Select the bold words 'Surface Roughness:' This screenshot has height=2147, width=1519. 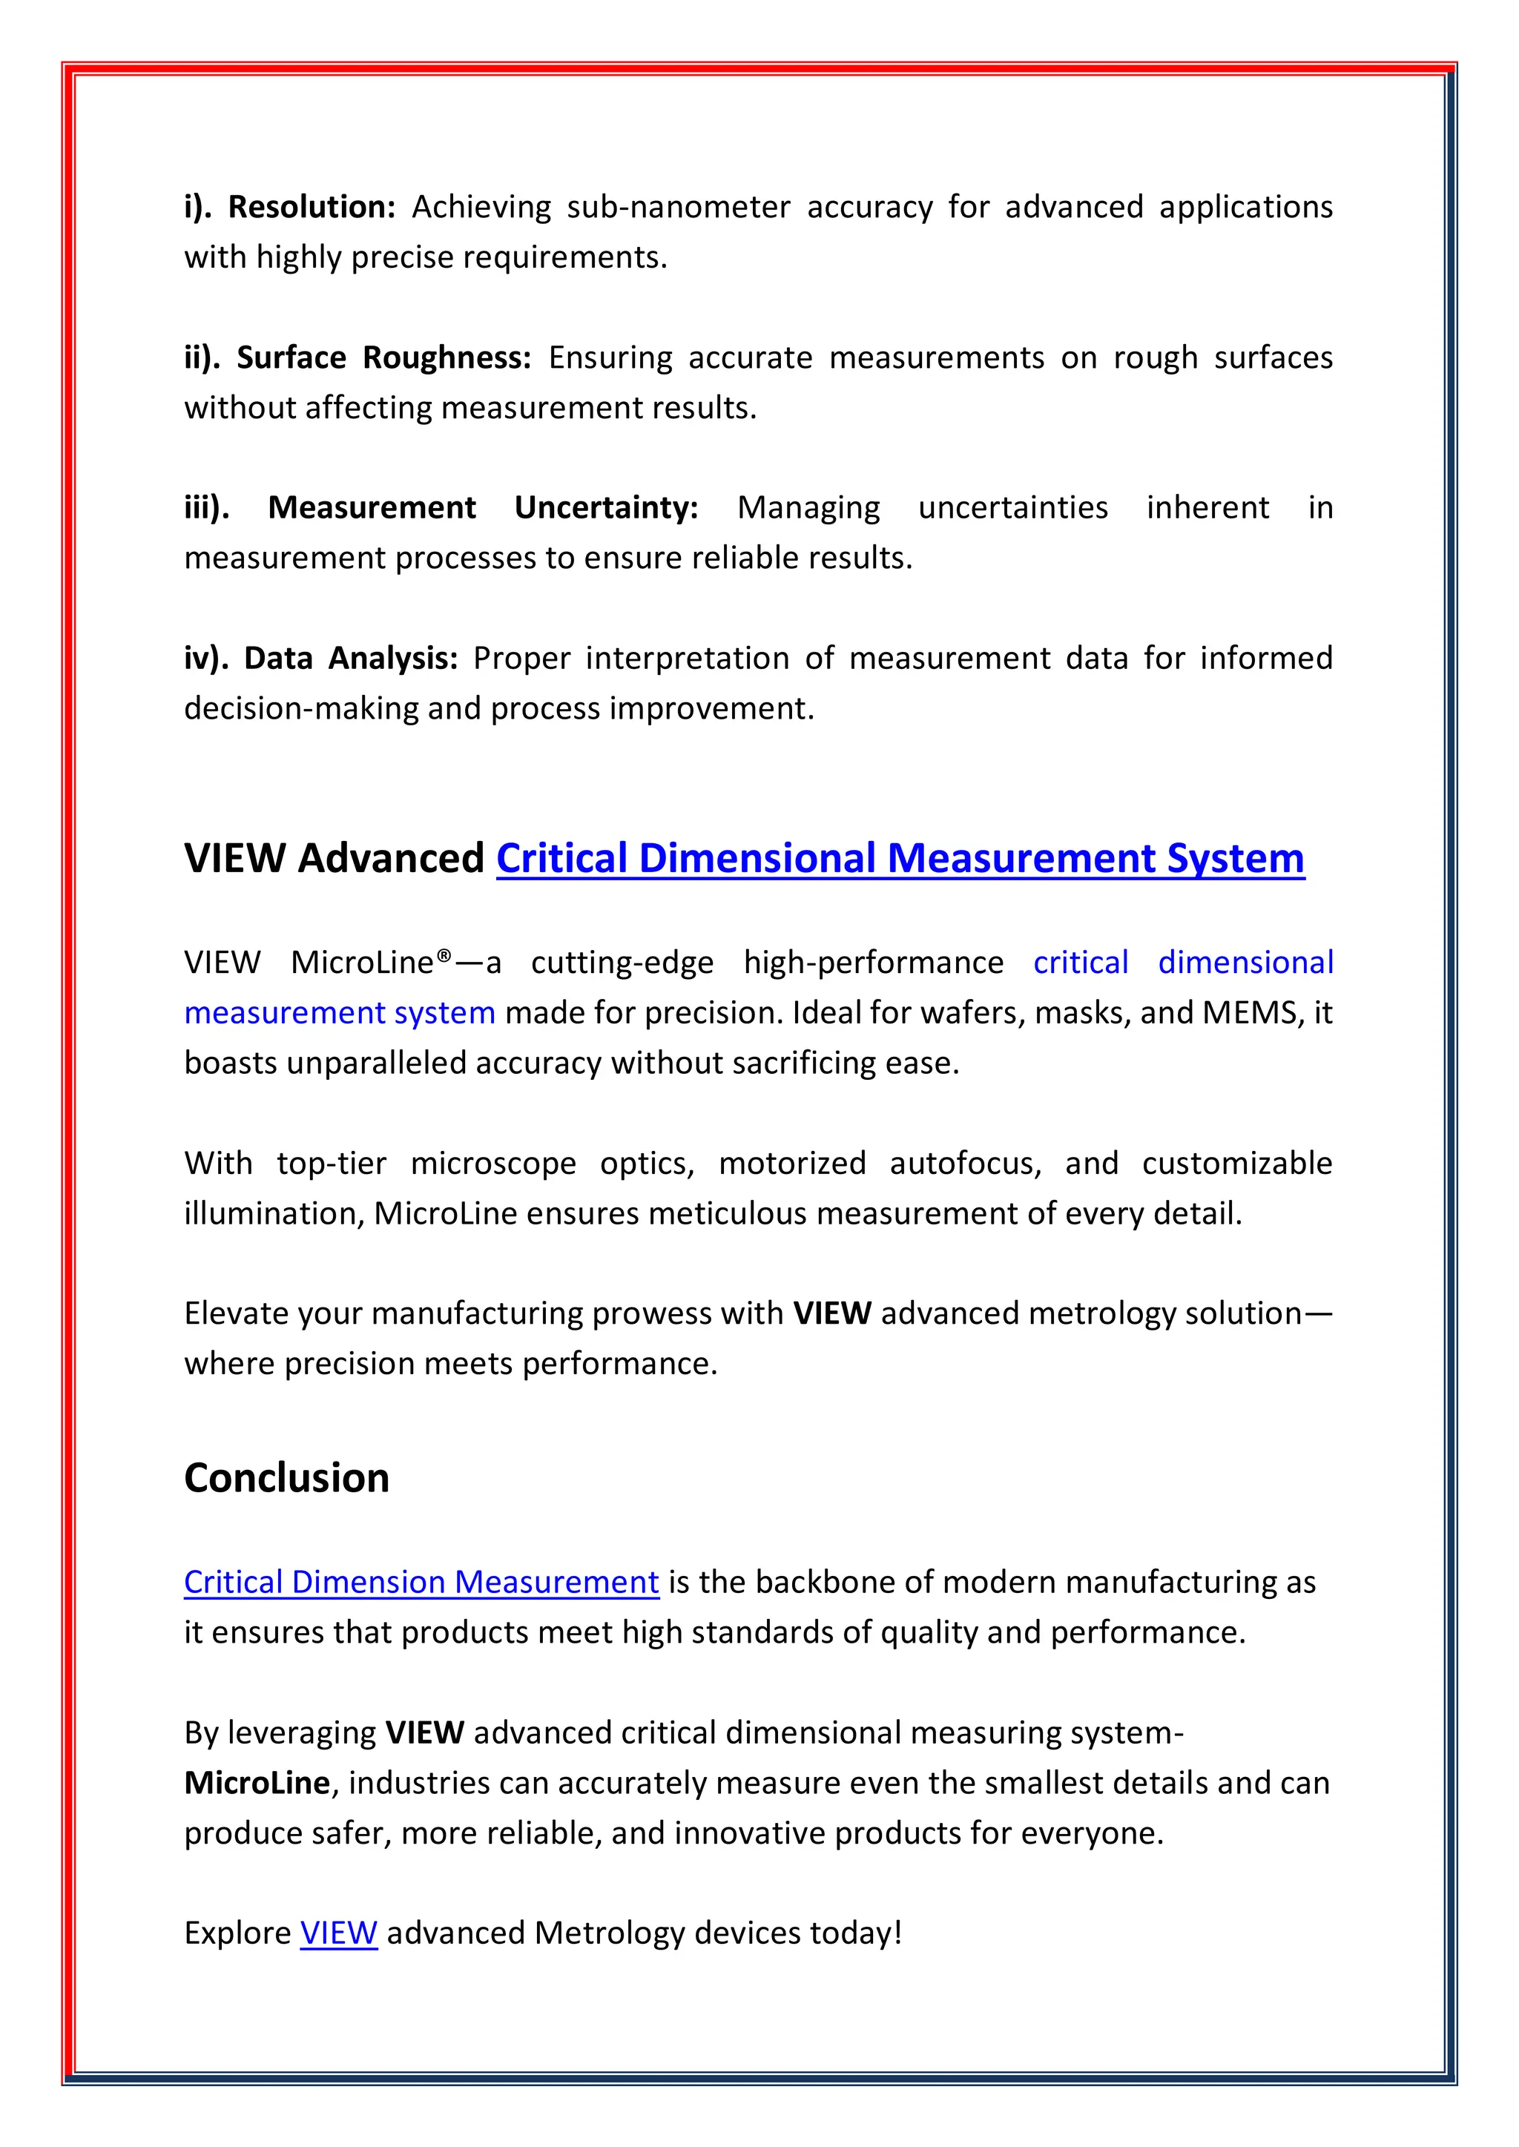(383, 357)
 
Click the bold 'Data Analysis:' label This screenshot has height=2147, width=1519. (351, 659)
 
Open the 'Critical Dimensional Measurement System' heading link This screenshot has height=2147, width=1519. (900, 857)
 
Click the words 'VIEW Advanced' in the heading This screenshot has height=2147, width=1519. (334, 857)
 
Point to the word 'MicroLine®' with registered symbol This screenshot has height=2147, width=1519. (372, 962)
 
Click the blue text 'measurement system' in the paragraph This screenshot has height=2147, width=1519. (340, 1013)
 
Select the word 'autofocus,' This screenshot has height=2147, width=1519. (964, 1164)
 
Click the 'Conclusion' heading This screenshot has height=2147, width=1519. (286, 1478)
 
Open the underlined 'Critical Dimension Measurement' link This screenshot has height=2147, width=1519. (421, 1582)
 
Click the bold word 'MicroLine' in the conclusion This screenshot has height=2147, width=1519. (257, 1784)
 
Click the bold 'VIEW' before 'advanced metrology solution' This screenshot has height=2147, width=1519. (831, 1314)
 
